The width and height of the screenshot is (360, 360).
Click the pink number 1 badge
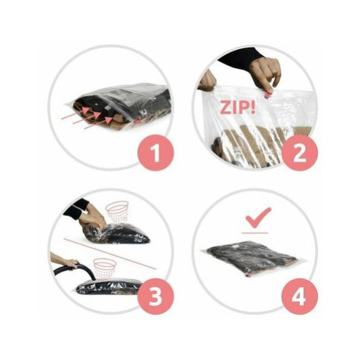tap(155, 152)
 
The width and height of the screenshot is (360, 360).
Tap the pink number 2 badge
tap(299, 152)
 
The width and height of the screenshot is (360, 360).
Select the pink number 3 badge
tap(155, 296)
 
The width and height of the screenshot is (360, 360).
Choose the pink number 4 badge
tap(299, 296)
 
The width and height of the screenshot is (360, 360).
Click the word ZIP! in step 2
tap(237, 107)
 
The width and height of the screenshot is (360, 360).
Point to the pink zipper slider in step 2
tap(267, 95)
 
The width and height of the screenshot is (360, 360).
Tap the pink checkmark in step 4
tap(258, 218)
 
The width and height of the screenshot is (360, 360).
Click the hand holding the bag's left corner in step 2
tap(207, 80)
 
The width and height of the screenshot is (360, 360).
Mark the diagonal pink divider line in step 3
tap(110, 254)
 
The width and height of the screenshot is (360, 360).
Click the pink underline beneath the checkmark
tap(255, 233)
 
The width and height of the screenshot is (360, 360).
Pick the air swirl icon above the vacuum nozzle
tap(104, 267)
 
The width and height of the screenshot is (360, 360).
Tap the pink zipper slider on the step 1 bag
tap(137, 121)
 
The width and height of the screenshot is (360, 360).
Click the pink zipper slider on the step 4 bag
tap(247, 275)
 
